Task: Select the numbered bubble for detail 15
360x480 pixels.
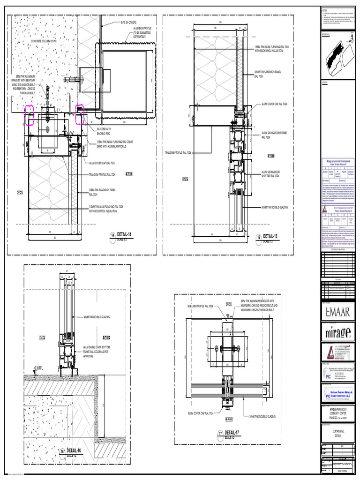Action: coord(258,237)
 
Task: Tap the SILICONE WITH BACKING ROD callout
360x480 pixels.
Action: coord(104,131)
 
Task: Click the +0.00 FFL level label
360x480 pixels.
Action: coord(35,367)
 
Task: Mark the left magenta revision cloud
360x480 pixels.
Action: coord(30,116)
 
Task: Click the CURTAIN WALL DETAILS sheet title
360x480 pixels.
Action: coord(337,434)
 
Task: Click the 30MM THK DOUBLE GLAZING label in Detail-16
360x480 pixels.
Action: coord(97,317)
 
